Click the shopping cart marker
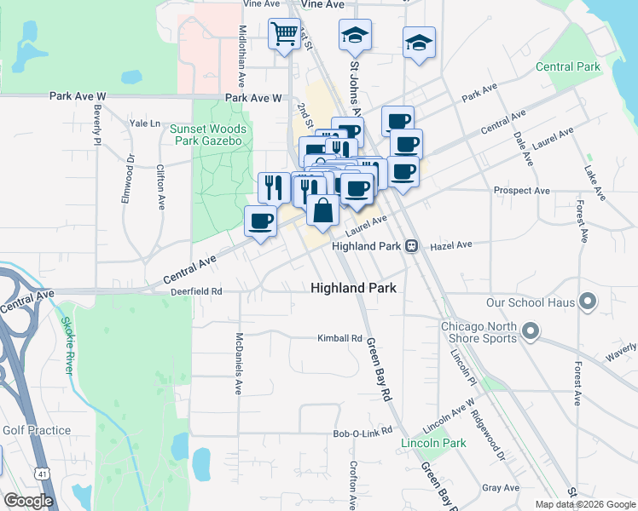pos(285,36)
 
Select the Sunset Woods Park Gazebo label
pos(208,135)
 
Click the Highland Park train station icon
pos(412,246)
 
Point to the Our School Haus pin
pos(587,302)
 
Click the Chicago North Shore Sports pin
pos(531,330)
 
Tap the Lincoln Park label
pos(434,443)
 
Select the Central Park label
pos(567,66)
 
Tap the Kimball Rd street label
pos(339,338)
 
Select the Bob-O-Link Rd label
pos(362,433)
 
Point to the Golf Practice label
pos(36,430)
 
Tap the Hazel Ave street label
pos(451,244)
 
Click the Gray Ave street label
pos(500,488)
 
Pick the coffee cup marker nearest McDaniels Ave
pos(261,223)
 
